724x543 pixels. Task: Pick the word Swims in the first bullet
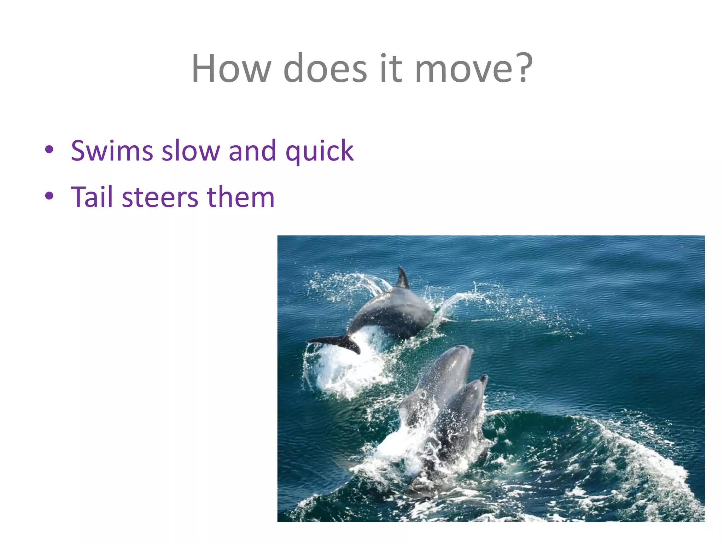[112, 151]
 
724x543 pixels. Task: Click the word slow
[191, 151]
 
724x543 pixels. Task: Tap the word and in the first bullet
[252, 151]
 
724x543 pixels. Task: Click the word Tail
[92, 197]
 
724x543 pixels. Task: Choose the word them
[240, 197]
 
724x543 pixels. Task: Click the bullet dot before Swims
[49, 150]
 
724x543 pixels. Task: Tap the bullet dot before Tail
[49, 195]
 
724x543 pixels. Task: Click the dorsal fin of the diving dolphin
[402, 279]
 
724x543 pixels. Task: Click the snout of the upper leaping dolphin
[467, 349]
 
